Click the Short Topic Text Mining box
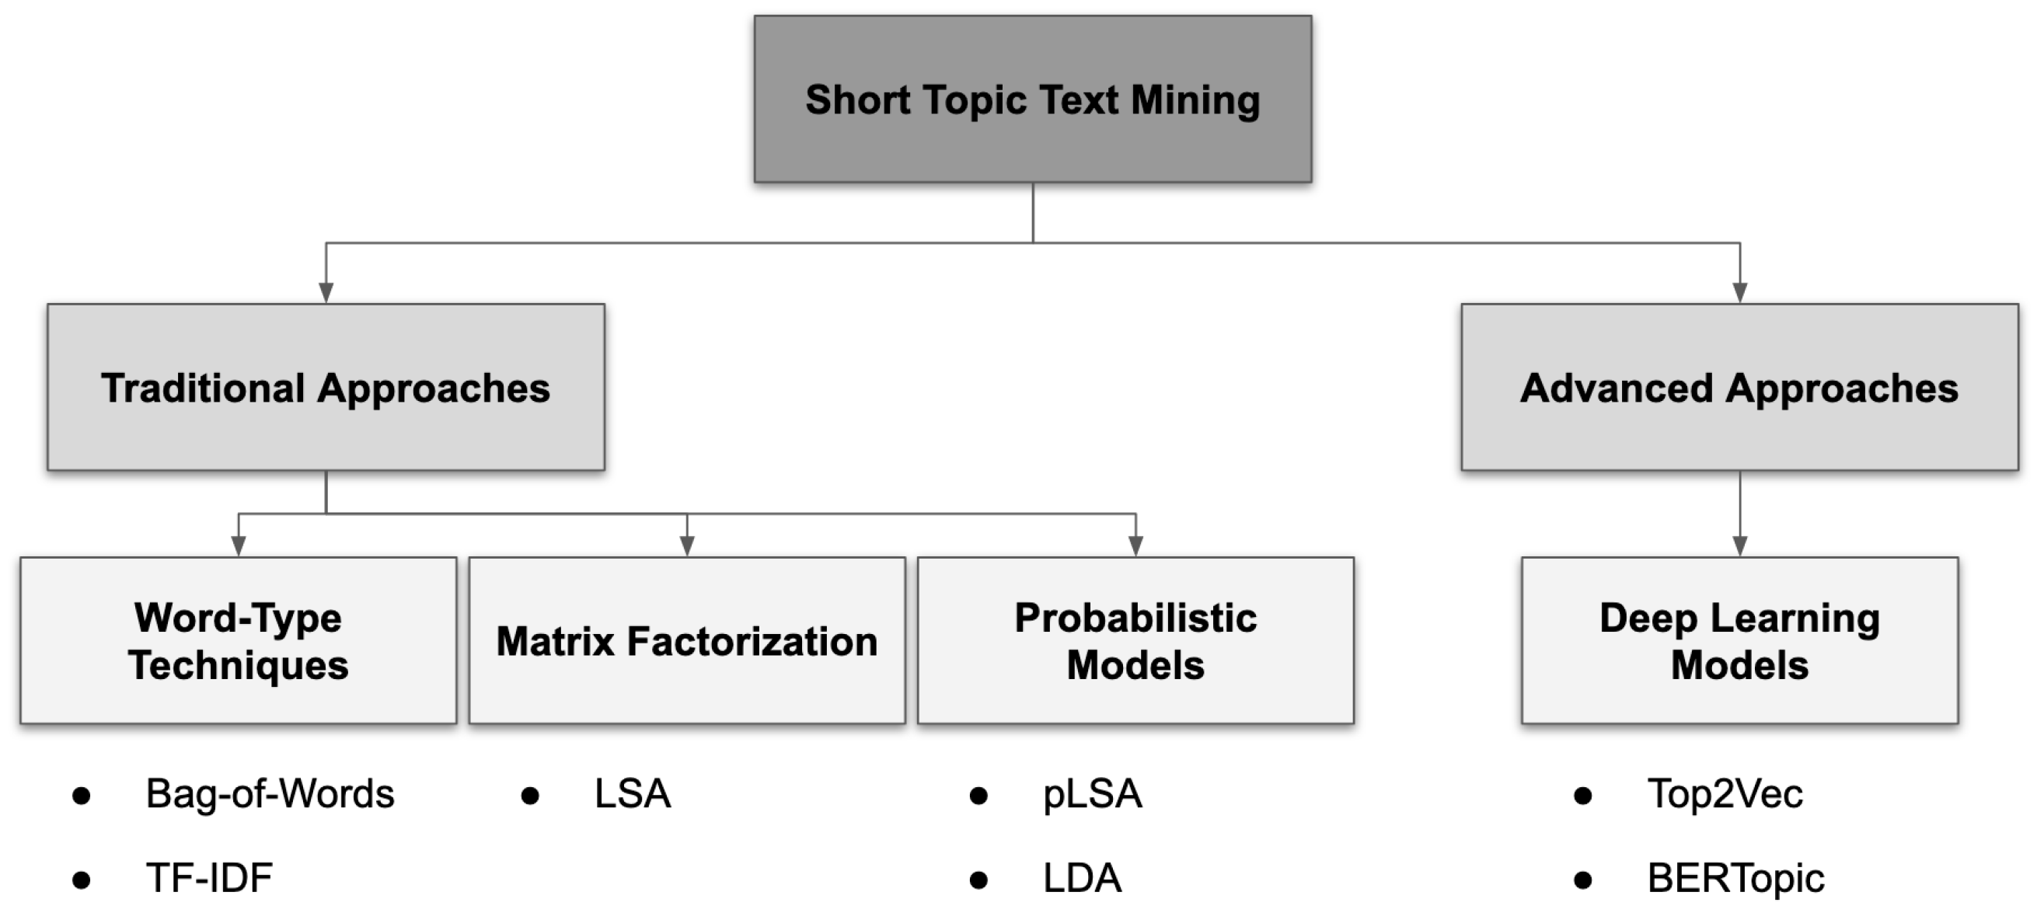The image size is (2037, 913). (1033, 99)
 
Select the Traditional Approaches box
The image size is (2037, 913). (326, 387)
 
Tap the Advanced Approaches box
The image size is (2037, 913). (1739, 387)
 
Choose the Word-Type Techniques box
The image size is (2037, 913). (238, 640)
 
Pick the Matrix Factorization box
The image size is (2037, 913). (686, 640)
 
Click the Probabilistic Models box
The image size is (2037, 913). (1135, 640)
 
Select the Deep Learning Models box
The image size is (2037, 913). (1739, 640)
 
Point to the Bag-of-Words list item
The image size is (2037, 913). (270, 793)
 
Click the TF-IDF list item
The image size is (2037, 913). (209, 878)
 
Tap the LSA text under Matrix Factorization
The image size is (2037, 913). (633, 793)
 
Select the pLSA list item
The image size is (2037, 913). (1092, 793)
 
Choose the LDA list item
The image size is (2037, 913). (1082, 878)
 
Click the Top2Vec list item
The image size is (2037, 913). (1725, 793)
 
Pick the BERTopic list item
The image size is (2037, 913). (1735, 878)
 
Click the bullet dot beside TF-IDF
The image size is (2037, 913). (81, 879)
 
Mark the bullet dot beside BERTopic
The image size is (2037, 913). (1582, 879)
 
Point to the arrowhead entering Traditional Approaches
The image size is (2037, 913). (326, 292)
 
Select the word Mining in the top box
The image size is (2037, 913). (1195, 100)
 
